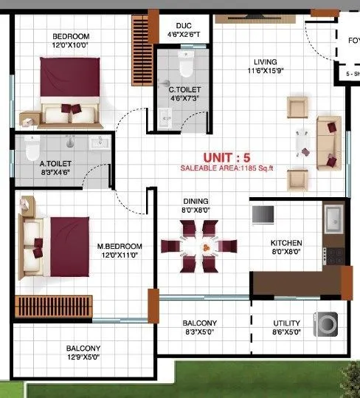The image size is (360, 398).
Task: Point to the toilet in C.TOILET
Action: tap(186, 69)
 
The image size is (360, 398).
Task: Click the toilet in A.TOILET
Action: tap(31, 148)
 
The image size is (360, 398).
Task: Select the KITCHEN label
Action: tap(286, 243)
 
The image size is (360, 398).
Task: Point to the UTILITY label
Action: tap(286, 323)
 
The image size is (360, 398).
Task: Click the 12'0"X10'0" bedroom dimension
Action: tap(71, 46)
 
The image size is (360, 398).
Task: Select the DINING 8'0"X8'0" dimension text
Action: tap(196, 210)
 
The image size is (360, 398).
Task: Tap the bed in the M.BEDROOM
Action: tap(55, 246)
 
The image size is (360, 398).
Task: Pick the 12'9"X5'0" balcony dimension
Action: tap(83, 358)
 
